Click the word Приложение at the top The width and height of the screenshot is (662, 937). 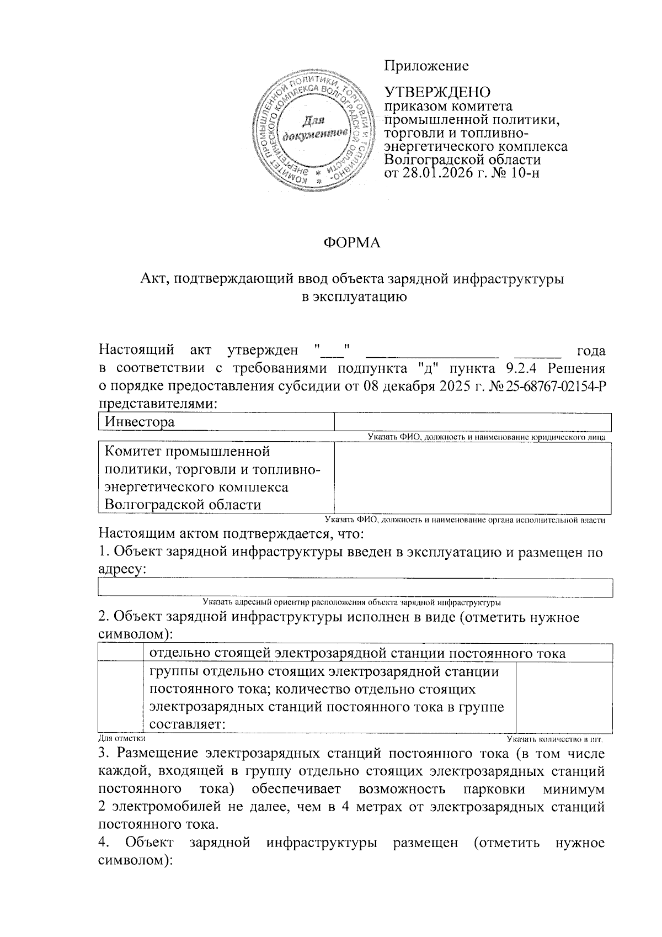[x=426, y=66]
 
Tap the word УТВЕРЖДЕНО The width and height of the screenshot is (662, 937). [x=437, y=92]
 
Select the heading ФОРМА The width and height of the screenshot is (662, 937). [x=351, y=242]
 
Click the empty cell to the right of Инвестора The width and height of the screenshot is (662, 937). [x=472, y=422]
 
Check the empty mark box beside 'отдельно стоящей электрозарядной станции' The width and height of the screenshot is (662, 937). [x=120, y=653]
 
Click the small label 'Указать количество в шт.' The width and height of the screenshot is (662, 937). [x=555, y=738]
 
